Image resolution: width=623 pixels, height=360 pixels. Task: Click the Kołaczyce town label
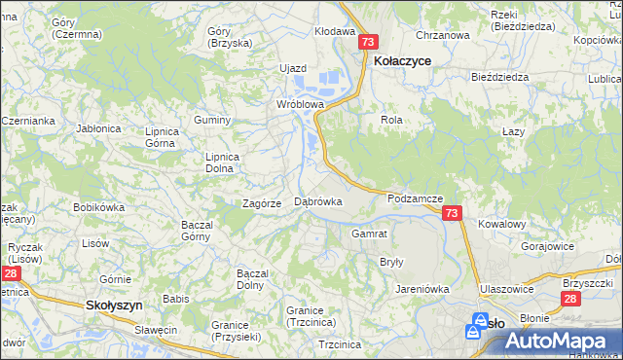(x=402, y=60)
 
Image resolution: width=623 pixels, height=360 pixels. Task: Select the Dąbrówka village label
(x=317, y=202)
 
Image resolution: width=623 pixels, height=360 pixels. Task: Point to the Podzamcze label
(x=415, y=198)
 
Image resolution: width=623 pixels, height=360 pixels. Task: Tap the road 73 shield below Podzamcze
(x=451, y=213)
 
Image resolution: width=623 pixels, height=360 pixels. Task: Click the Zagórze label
(x=262, y=203)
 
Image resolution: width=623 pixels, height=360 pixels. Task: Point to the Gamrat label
(x=370, y=234)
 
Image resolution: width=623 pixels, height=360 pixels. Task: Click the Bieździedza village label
(x=499, y=76)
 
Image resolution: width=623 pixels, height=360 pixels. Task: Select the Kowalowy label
(x=502, y=224)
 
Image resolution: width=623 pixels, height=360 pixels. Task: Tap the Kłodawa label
(x=335, y=31)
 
